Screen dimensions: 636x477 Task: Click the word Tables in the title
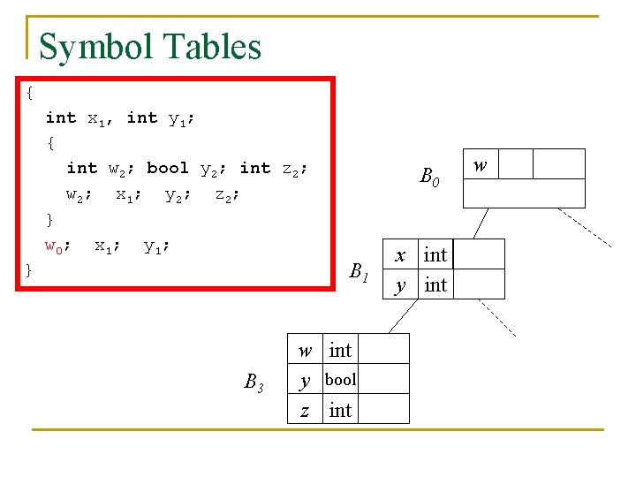(x=217, y=46)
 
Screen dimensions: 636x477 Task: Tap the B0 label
(x=429, y=178)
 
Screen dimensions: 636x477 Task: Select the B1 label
(x=359, y=272)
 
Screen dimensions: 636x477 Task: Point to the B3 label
(x=254, y=382)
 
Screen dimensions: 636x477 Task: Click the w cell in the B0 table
(x=481, y=164)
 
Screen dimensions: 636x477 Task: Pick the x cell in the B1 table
(x=400, y=255)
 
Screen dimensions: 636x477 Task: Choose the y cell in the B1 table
(x=400, y=284)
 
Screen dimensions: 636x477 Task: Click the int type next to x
(x=435, y=255)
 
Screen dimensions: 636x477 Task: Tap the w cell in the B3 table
(x=305, y=350)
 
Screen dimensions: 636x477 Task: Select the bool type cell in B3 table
(x=340, y=380)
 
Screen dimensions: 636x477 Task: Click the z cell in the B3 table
(x=305, y=410)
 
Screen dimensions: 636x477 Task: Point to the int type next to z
(x=340, y=410)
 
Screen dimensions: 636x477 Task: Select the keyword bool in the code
(x=167, y=168)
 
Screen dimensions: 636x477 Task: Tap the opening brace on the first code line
(x=31, y=92)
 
